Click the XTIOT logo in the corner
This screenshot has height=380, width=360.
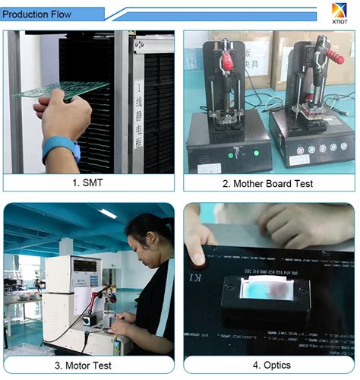click(x=339, y=12)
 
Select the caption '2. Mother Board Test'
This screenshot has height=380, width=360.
click(x=267, y=183)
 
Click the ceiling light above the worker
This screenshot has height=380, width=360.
click(x=107, y=214)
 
